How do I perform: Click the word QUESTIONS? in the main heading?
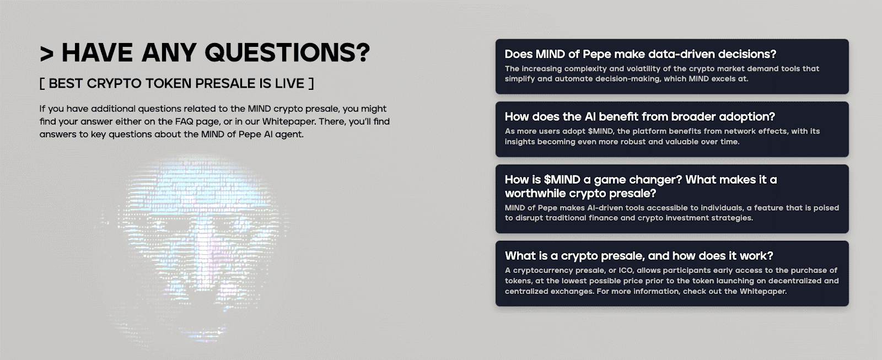(x=287, y=52)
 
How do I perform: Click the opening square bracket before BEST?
(x=42, y=83)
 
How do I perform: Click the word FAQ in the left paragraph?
(x=184, y=121)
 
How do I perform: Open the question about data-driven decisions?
(x=640, y=54)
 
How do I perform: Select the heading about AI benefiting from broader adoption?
(x=640, y=116)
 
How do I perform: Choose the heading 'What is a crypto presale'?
(x=639, y=256)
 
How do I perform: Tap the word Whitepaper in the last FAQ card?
(x=763, y=292)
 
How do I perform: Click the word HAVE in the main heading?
(x=97, y=52)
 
